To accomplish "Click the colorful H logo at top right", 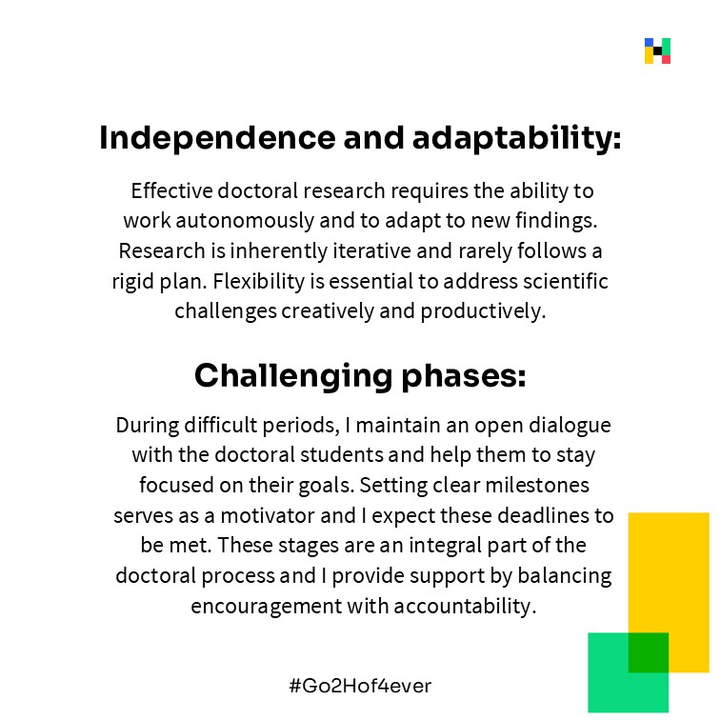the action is tap(657, 51).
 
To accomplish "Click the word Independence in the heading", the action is tap(218, 138).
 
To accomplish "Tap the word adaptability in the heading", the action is tap(516, 139).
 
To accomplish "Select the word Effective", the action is tap(171, 190).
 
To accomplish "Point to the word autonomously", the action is tap(245, 221).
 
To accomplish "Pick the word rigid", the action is tap(132, 282).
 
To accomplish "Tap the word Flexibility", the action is tap(258, 282).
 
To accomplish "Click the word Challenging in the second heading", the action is tap(293, 376).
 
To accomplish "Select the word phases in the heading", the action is tap(464, 376).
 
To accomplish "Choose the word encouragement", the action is tap(267, 607).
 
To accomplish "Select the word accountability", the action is tap(465, 607).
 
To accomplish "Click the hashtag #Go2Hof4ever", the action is tap(360, 686).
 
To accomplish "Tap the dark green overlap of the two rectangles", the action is tap(648, 652).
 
